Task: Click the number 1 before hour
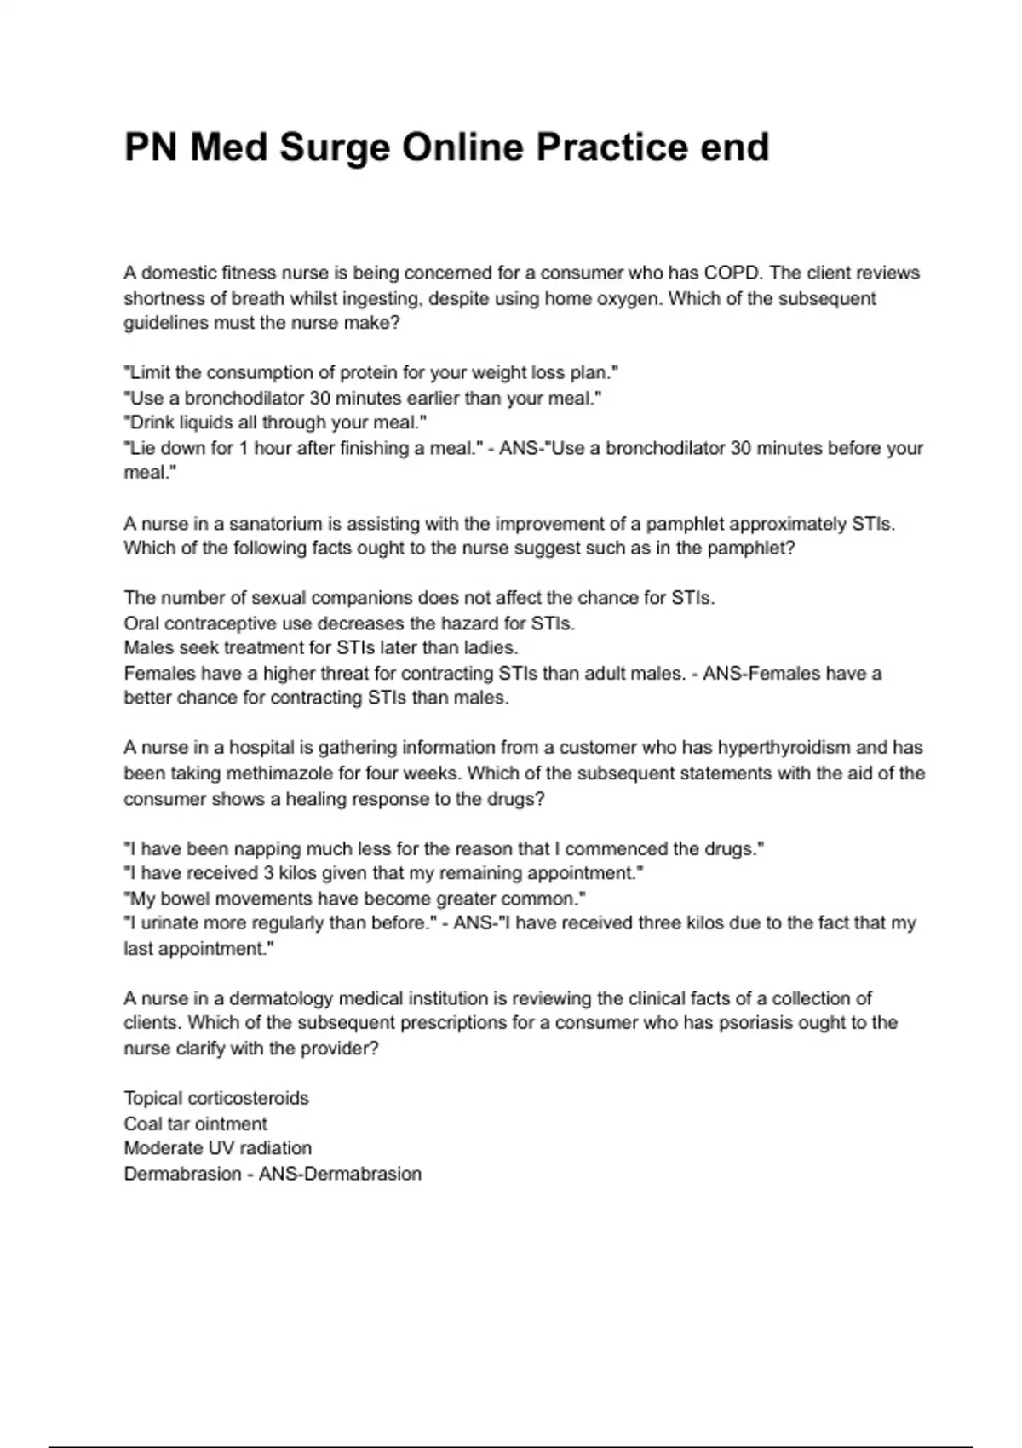click(244, 448)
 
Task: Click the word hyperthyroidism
click(784, 748)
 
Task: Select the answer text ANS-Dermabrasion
click(340, 1174)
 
